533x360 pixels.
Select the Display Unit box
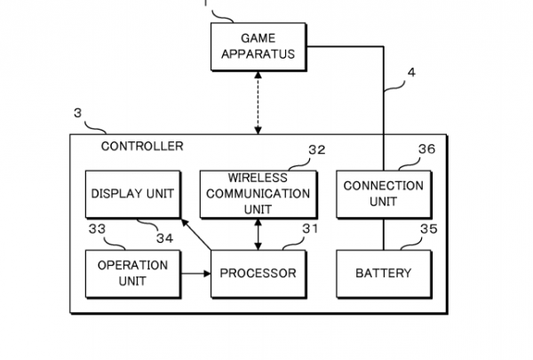click(x=132, y=193)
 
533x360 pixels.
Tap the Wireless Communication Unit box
click(x=256, y=193)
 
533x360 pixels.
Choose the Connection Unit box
click(x=383, y=193)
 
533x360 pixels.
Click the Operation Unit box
click(x=132, y=273)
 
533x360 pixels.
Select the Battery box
click(x=383, y=273)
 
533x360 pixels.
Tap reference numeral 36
click(x=426, y=151)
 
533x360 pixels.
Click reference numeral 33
click(x=98, y=229)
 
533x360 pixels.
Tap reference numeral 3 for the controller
click(x=78, y=114)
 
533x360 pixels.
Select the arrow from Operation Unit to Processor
click(x=195, y=274)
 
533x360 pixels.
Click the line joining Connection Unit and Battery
click(x=383, y=234)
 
